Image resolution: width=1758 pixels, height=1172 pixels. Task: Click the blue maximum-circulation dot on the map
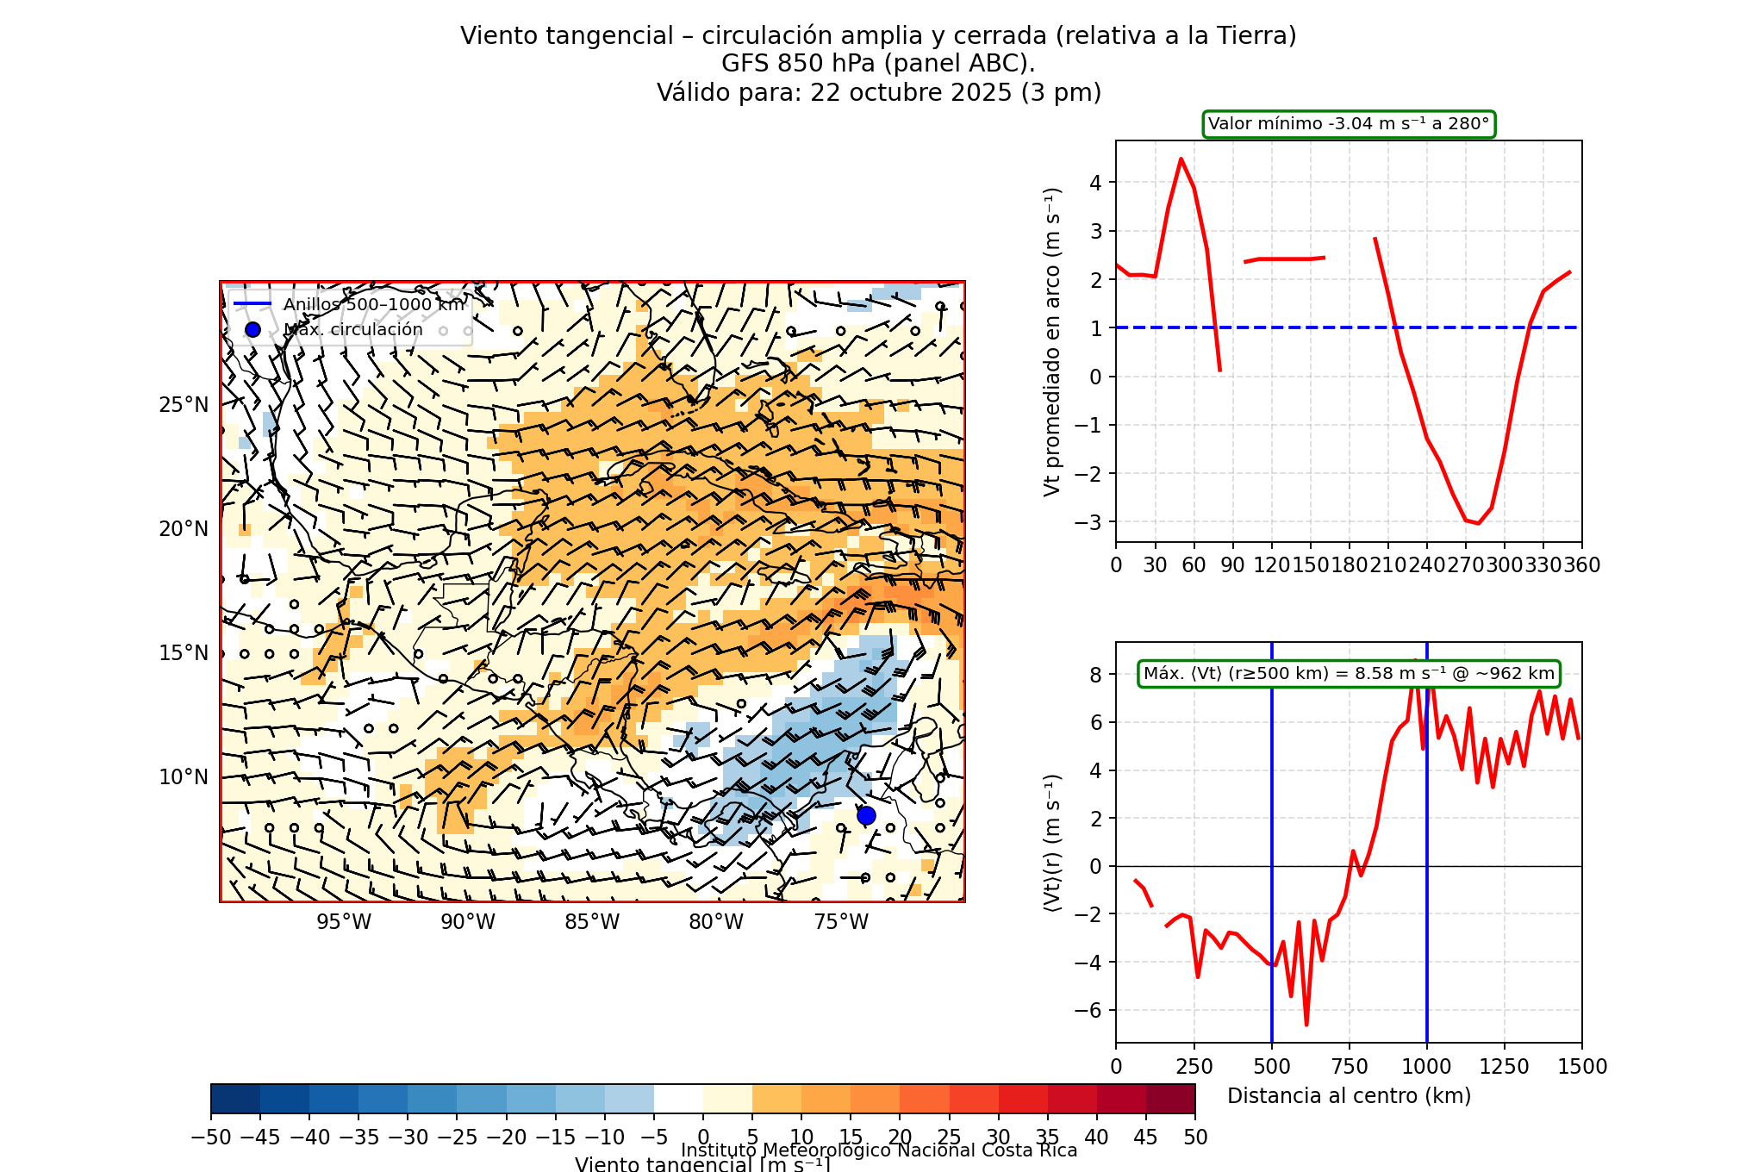click(866, 815)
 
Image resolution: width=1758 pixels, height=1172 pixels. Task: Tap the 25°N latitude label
click(184, 405)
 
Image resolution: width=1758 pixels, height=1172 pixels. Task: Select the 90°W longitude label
click(468, 922)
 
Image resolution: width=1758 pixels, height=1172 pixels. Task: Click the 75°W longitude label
click(841, 922)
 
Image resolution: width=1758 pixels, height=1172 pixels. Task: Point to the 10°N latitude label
click(184, 777)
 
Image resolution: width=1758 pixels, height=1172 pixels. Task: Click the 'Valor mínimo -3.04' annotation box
click(1349, 124)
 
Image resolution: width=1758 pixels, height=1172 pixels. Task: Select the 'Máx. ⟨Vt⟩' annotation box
click(1349, 674)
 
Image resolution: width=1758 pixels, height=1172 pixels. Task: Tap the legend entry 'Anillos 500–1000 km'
click(373, 304)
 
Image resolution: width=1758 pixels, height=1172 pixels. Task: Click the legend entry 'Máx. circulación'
click(353, 330)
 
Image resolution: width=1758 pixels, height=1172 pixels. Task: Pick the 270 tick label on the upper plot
click(1465, 565)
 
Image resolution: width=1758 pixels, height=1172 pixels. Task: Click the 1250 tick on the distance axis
click(1504, 1067)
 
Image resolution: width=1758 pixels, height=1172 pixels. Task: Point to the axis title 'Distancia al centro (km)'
click(1349, 1096)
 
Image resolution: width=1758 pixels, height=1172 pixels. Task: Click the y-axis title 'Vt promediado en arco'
click(1052, 342)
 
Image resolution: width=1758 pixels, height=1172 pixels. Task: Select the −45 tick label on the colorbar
click(259, 1138)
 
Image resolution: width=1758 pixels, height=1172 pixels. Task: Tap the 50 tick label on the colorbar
click(1195, 1138)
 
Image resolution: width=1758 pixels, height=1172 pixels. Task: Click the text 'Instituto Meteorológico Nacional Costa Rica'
click(879, 1150)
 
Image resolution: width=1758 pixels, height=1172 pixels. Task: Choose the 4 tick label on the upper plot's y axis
click(1096, 183)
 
